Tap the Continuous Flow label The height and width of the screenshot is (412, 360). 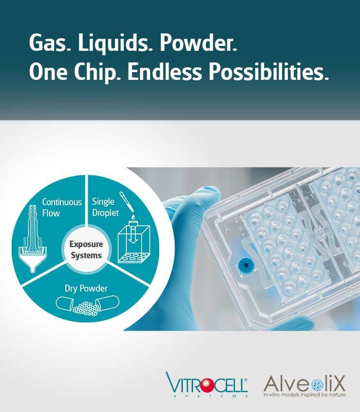(x=62, y=207)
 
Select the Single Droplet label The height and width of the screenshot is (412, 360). (x=105, y=207)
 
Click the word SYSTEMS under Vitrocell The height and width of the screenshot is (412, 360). (x=207, y=396)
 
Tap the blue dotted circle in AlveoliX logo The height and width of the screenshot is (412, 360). (x=317, y=385)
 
